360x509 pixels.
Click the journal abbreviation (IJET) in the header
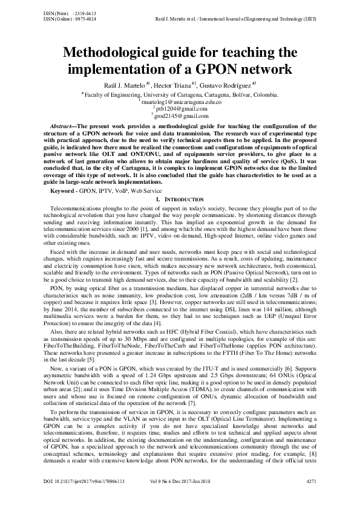coord(309,18)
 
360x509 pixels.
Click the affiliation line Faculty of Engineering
coord(181,95)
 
